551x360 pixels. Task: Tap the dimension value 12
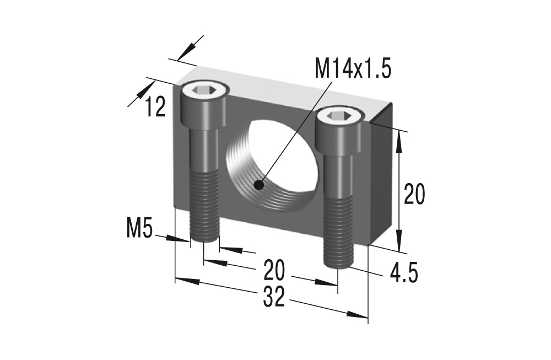click(x=155, y=107)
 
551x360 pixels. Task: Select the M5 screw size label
click(x=139, y=228)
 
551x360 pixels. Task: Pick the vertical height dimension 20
click(x=414, y=194)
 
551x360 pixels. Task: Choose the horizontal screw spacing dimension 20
click(x=274, y=270)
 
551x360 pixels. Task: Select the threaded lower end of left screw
click(x=204, y=207)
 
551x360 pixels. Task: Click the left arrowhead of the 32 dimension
click(x=185, y=281)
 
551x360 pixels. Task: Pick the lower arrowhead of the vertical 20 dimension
click(x=400, y=243)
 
